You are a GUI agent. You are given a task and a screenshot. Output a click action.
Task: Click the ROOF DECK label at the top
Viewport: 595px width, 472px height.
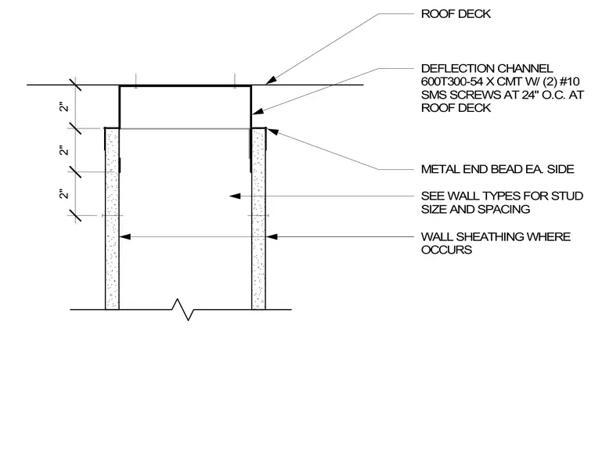pos(456,14)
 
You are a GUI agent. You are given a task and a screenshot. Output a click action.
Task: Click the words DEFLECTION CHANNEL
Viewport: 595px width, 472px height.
pos(487,69)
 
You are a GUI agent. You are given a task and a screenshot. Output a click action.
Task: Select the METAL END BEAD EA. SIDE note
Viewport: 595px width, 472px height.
pos(497,169)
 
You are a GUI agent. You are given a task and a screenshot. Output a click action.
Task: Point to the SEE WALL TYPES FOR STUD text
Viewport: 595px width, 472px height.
pos(502,196)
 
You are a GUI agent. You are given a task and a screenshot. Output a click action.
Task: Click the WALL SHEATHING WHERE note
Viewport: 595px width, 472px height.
pos(496,237)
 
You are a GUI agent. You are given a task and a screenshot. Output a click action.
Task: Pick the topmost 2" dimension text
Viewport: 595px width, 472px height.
pos(64,107)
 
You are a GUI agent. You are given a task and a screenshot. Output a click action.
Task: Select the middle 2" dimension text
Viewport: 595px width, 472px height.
pos(64,150)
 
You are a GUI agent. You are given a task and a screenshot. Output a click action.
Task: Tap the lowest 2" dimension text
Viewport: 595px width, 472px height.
pos(64,194)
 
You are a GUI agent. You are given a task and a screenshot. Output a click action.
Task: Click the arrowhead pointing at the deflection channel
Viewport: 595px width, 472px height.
pos(258,112)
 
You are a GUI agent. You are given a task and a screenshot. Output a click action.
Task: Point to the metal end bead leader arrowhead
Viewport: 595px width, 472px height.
pos(272,132)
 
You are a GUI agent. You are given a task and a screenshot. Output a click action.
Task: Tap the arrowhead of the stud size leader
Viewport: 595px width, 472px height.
pos(235,196)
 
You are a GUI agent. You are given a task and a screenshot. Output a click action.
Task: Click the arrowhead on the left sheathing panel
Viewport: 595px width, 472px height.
pos(125,236)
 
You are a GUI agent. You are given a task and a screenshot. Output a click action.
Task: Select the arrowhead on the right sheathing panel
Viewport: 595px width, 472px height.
pos(272,236)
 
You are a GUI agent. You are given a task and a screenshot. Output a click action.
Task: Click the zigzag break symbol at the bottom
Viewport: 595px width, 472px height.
pos(183,310)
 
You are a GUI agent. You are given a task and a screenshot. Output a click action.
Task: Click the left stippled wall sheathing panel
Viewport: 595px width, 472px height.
pos(112,219)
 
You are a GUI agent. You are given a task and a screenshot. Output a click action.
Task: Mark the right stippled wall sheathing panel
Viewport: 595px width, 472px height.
pos(258,219)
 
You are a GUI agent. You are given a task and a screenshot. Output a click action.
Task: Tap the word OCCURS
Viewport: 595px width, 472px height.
pos(446,250)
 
